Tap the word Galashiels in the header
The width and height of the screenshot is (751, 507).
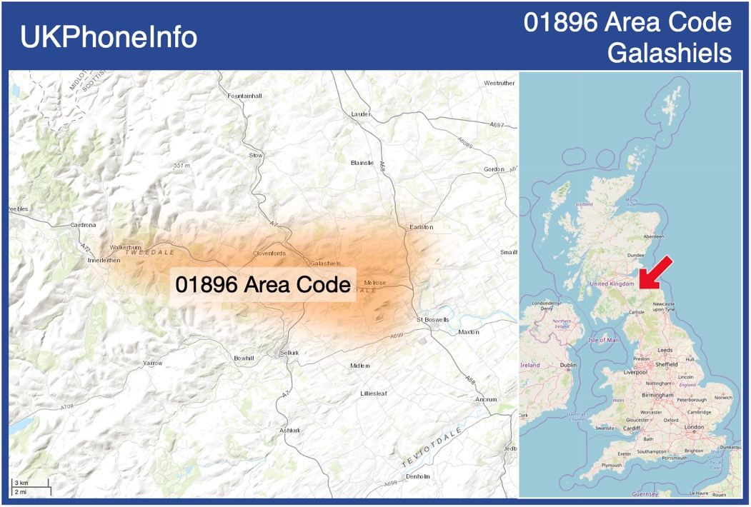coord(670,53)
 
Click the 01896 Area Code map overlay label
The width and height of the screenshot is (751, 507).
coord(263,284)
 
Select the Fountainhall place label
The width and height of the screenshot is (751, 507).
coord(245,96)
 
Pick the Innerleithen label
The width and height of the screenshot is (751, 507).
coord(104,261)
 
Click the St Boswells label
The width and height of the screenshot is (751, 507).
coord(433,319)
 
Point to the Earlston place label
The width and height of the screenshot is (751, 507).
coord(422,227)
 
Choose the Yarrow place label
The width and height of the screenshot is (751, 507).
coord(152,363)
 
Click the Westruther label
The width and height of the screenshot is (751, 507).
coord(499,83)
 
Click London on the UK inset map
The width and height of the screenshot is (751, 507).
coord(694,427)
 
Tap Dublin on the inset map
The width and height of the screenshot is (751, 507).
coord(569,365)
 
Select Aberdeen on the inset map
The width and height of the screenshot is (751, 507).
coord(653,236)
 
